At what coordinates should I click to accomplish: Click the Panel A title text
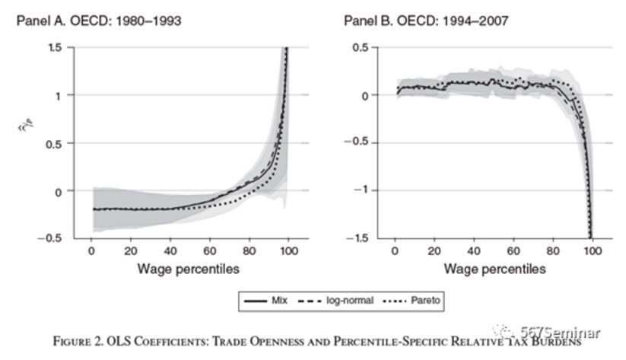click(x=99, y=21)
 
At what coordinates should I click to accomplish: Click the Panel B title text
click(x=424, y=21)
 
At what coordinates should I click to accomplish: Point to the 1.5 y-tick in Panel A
click(x=54, y=48)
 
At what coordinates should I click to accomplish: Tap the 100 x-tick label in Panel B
click(x=593, y=251)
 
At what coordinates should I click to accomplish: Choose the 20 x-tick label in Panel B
click(x=434, y=251)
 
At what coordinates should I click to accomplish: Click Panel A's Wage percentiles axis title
click(x=188, y=269)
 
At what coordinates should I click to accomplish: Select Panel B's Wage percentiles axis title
click(x=494, y=269)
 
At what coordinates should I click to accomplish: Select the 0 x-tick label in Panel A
click(x=91, y=251)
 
